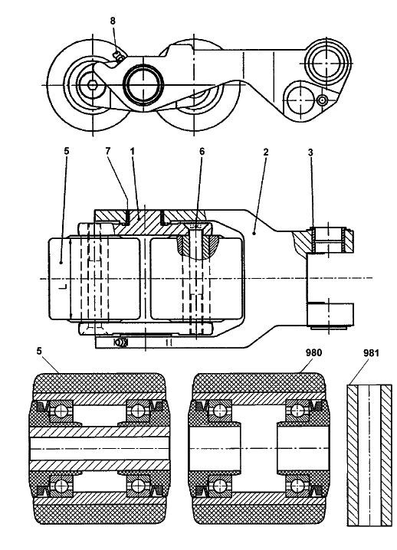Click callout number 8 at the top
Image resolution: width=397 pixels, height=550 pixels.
[x=113, y=21]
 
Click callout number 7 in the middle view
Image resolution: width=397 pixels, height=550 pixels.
[x=108, y=151]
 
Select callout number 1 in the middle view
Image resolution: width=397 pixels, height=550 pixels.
[x=133, y=151]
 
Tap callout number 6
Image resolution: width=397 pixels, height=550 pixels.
[x=202, y=152]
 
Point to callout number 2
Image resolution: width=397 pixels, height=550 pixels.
[x=266, y=152]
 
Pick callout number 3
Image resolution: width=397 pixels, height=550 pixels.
[x=310, y=152]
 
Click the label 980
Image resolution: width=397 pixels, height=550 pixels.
[x=313, y=352]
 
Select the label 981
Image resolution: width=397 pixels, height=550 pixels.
[x=371, y=353]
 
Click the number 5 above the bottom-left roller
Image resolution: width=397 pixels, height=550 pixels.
[x=39, y=351]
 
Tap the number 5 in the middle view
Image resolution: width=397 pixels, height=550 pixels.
[x=67, y=151]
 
